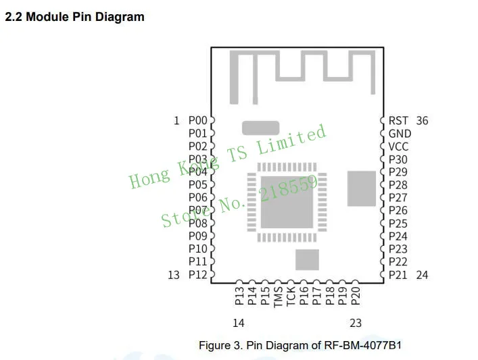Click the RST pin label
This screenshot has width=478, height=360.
click(398, 121)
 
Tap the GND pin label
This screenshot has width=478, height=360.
click(400, 134)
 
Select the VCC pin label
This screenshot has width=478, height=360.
click(398, 147)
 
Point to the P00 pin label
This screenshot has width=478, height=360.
click(197, 121)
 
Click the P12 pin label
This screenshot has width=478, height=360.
click(197, 274)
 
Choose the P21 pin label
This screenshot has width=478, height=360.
click(398, 275)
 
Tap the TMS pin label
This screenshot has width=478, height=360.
click(278, 297)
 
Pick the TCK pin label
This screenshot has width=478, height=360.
click(291, 297)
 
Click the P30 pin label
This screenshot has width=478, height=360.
click(398, 159)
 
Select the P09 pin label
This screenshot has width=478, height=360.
click(197, 236)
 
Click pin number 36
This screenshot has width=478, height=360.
click(422, 121)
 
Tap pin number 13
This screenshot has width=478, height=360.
click(174, 274)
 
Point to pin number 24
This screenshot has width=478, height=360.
click(422, 275)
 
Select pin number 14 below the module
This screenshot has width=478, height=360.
click(238, 323)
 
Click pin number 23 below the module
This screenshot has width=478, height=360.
click(356, 323)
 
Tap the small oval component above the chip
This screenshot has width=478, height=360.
click(260, 127)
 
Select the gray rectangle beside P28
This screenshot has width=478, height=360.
click(361, 188)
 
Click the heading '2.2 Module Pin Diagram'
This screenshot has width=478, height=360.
click(75, 17)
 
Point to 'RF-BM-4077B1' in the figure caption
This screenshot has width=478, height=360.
click(370, 345)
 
